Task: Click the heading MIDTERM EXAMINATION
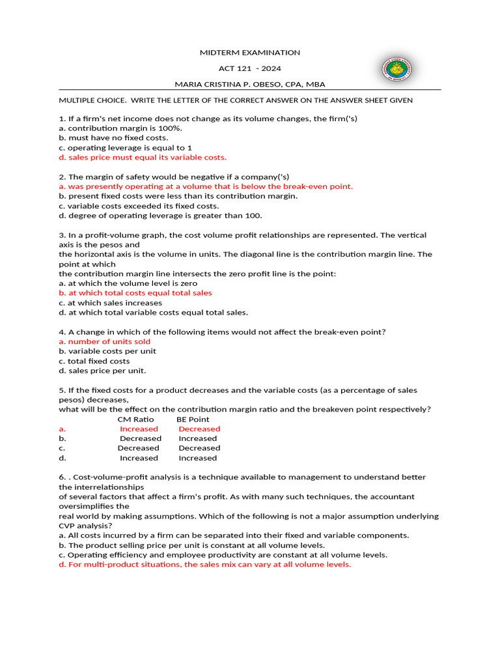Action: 250,53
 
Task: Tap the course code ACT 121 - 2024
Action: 250,68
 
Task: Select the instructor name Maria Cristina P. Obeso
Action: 250,84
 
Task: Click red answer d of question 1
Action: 143,158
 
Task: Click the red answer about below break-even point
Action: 206,186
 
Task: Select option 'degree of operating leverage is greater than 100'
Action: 160,216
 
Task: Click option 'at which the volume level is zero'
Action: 128,283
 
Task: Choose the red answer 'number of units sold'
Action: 104,341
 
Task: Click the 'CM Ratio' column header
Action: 135,419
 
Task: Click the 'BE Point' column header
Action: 193,419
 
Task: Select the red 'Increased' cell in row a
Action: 139,429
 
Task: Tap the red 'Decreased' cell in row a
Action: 199,429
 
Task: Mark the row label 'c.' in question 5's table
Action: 62,448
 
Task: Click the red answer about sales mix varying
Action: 204,565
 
